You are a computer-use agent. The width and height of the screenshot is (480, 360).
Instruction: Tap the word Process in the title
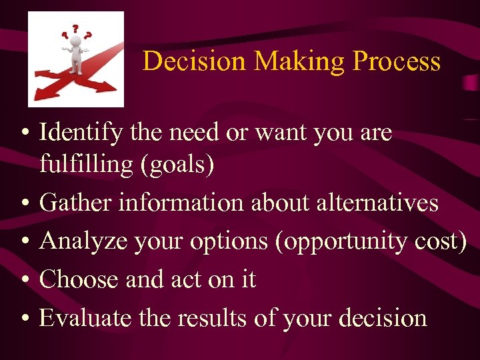tap(397, 61)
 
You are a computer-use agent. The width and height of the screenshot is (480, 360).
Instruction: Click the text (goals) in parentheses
tap(177, 165)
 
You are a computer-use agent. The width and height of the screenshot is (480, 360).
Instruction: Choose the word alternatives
tap(377, 203)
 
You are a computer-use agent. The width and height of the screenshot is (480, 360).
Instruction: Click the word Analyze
tap(82, 241)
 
